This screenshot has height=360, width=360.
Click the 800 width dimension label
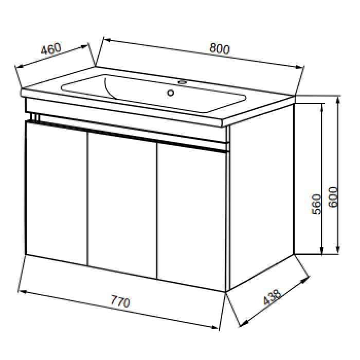(219, 49)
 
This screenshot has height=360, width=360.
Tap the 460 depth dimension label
(51, 49)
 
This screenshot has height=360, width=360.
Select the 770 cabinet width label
(120, 302)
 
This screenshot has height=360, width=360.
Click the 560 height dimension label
(316, 204)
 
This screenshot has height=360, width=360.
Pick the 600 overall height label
(333, 197)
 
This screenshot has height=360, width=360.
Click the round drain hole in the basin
(170, 93)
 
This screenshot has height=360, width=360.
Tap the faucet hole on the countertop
(183, 82)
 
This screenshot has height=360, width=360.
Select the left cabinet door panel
(57, 193)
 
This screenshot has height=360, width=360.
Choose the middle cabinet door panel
(122, 205)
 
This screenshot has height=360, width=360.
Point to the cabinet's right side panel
(262, 197)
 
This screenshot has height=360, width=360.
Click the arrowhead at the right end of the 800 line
(299, 67)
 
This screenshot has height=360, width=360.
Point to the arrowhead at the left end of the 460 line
(20, 66)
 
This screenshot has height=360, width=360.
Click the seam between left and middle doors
(88, 199)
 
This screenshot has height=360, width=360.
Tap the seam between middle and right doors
(157, 211)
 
